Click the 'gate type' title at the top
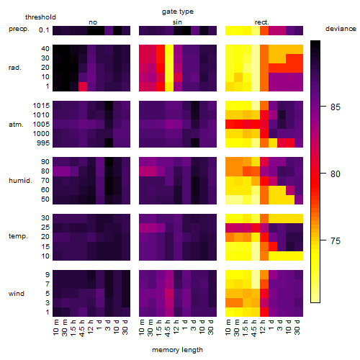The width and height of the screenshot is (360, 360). click(178, 12)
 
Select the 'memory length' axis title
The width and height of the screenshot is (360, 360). click(177, 350)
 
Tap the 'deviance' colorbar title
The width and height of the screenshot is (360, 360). click(341, 29)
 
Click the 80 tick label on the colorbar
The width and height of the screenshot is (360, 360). click(336, 174)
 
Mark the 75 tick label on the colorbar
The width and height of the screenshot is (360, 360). click(336, 240)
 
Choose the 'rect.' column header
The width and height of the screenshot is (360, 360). click(262, 22)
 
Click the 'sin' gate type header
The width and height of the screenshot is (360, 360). click(177, 22)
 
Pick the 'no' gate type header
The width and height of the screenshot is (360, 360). click(93, 22)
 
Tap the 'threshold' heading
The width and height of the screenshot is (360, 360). click(40, 17)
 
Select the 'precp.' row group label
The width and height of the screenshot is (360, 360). click(19, 30)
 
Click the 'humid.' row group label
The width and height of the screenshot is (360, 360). click(20, 181)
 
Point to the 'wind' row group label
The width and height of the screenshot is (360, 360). click(17, 294)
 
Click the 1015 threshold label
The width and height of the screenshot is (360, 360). click(41, 106)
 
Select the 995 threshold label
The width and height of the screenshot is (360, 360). click(43, 143)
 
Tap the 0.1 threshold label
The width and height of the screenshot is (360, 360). click(44, 30)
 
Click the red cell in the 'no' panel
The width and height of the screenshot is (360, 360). click(83, 86)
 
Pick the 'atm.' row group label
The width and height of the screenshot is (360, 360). click(16, 125)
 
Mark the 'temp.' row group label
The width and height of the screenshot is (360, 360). click(18, 236)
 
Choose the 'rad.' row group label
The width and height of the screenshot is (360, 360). click(15, 68)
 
